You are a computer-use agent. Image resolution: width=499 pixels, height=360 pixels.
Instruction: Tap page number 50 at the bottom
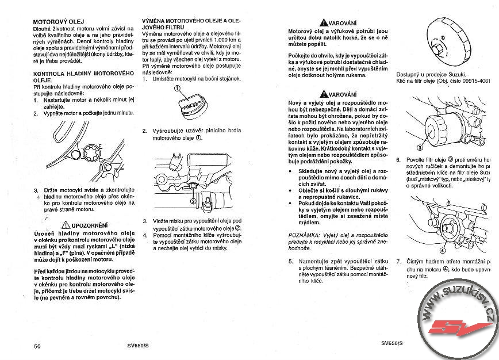click(37, 346)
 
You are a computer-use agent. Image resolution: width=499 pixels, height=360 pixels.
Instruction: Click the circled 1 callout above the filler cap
click(178, 89)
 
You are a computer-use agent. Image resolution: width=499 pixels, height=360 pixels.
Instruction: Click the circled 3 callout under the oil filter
click(420, 147)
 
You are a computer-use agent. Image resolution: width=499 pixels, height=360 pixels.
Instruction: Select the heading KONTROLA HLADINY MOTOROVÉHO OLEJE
click(83, 77)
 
